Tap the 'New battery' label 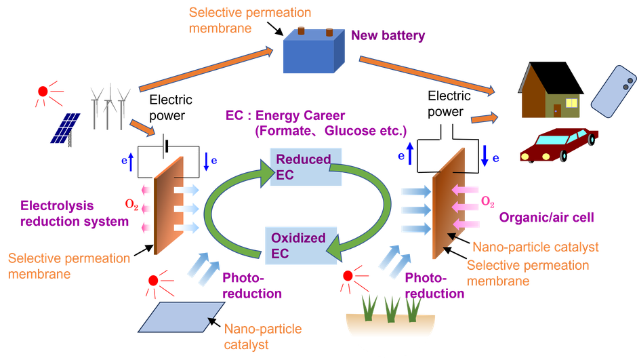point(388,36)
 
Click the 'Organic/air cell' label point(546,218)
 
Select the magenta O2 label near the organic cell point(487,201)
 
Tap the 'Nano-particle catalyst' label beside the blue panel point(254,336)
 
